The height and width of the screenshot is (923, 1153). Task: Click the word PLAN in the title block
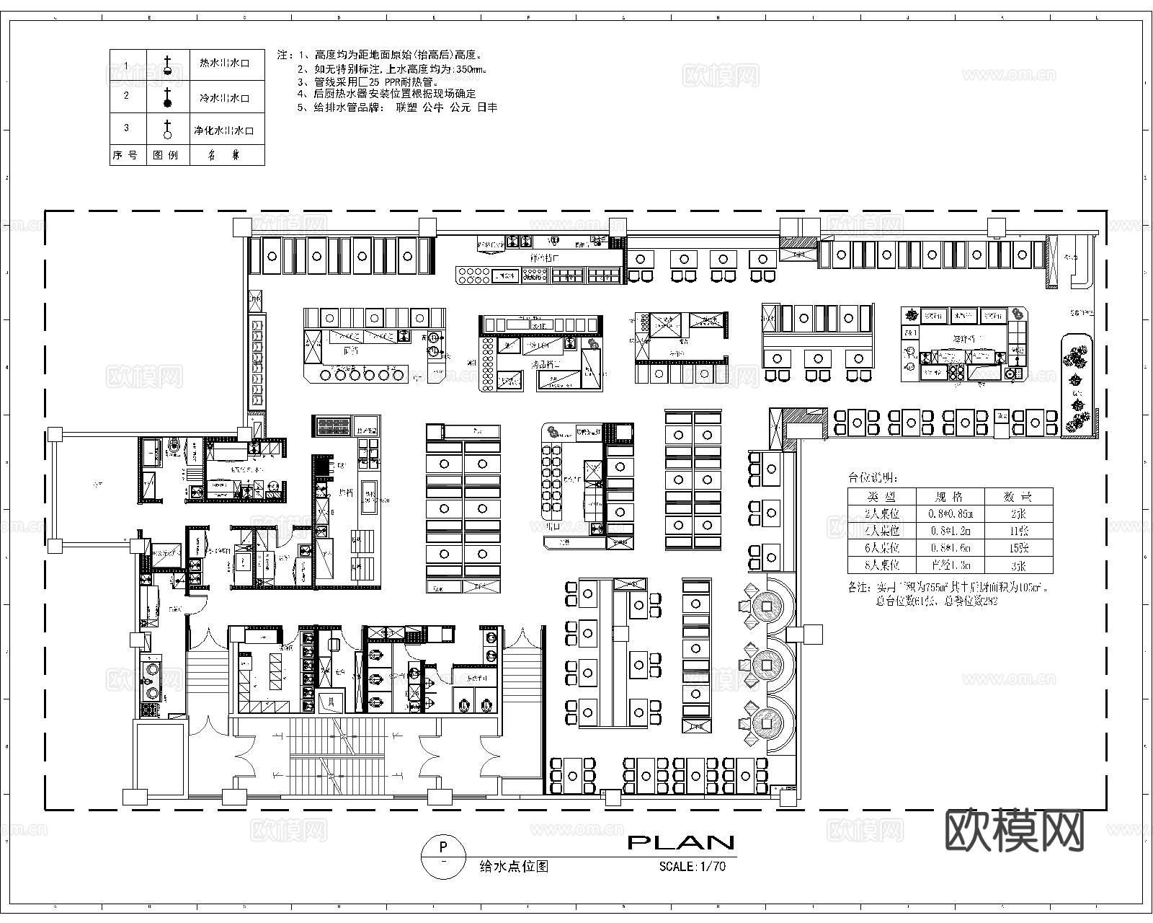coord(681,842)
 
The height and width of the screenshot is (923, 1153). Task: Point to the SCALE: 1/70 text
coord(692,867)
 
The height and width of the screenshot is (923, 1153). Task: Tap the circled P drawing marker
coord(442,856)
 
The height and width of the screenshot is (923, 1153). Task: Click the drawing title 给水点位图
coord(514,867)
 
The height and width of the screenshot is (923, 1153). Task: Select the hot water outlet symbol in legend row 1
coord(168,66)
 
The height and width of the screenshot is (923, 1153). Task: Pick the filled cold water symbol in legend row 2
coord(168,98)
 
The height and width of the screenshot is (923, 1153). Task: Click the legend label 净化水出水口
coord(223,131)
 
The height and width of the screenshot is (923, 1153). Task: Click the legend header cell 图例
coord(166,154)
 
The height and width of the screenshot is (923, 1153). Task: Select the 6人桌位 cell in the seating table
coord(882,548)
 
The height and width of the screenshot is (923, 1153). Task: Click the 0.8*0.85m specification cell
coord(950,513)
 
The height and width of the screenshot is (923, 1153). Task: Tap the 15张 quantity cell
coord(1018,548)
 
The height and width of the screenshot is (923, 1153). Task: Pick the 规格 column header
coord(950,497)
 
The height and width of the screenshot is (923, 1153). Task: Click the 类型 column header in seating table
coord(882,497)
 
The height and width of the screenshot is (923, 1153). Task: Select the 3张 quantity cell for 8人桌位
coord(1018,565)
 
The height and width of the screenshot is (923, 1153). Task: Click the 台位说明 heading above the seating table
coord(873,477)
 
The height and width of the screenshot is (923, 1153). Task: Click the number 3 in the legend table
coord(127,128)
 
